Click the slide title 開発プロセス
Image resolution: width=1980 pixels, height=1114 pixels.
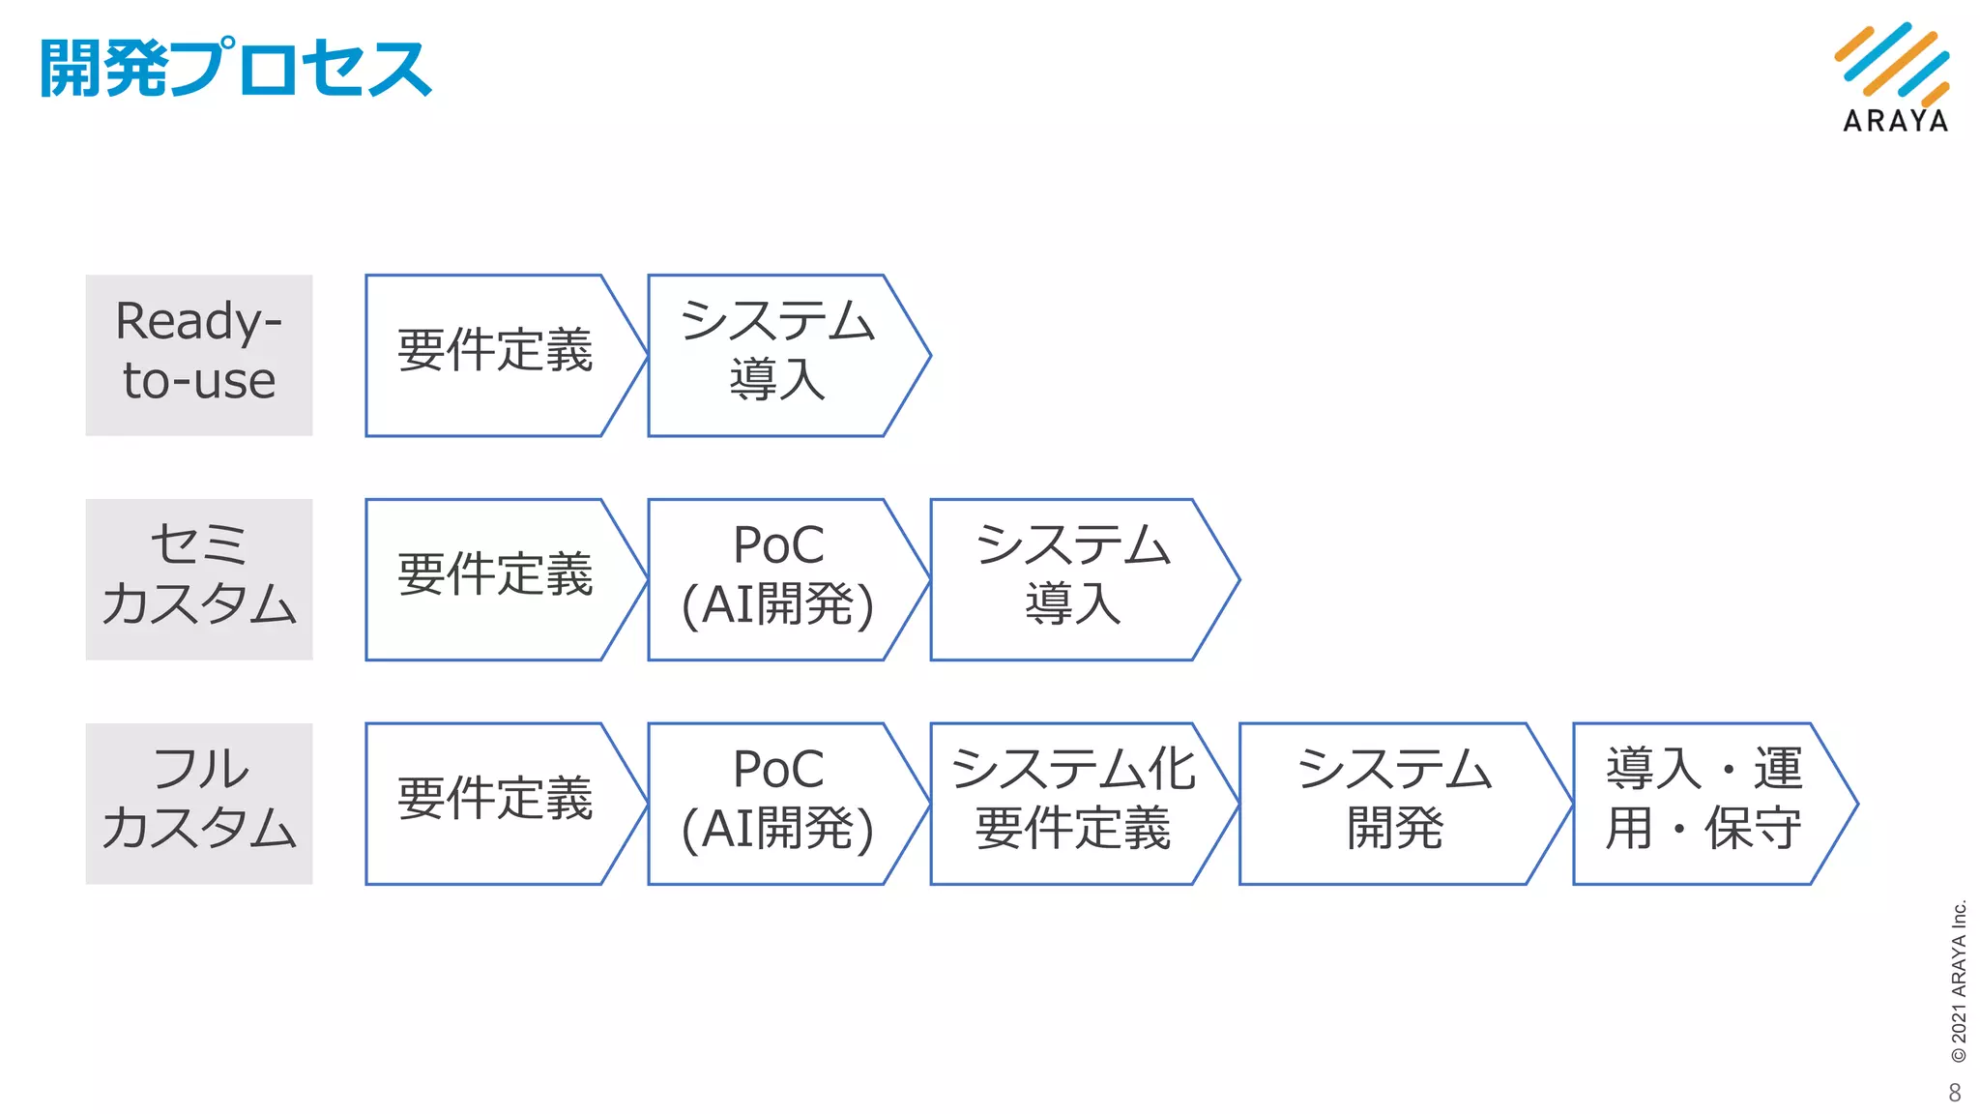(x=235, y=69)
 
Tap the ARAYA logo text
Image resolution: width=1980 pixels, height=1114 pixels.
(x=1895, y=121)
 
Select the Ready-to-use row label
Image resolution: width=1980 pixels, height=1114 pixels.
(x=199, y=355)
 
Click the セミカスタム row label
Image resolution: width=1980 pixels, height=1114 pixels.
(x=199, y=579)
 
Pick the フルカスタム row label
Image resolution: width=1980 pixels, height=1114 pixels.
(x=199, y=803)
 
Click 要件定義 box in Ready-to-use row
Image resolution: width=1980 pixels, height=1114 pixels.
(x=495, y=355)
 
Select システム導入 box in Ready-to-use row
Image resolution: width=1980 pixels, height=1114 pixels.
(x=777, y=355)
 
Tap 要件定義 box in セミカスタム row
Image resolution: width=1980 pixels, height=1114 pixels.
(x=495, y=579)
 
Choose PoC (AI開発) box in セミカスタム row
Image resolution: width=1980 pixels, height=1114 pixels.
(x=777, y=579)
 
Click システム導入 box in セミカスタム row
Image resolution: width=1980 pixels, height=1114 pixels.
(x=1073, y=579)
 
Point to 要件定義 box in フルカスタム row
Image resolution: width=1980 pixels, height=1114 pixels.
(x=495, y=803)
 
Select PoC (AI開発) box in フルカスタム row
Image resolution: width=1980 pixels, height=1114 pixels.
(x=777, y=803)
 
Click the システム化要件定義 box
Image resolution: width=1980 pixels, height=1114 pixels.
(x=1073, y=803)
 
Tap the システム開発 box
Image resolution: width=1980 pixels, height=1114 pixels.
(x=1394, y=803)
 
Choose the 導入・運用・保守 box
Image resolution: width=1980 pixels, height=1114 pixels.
(x=1703, y=803)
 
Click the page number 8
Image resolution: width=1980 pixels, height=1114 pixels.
(x=1955, y=1093)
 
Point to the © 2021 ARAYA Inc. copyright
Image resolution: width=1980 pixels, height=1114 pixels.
(x=1959, y=982)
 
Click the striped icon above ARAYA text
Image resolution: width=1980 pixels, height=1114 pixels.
(x=1892, y=62)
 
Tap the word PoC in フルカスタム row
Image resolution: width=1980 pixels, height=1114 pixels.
(x=778, y=770)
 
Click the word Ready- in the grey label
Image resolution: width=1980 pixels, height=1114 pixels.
(x=199, y=322)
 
